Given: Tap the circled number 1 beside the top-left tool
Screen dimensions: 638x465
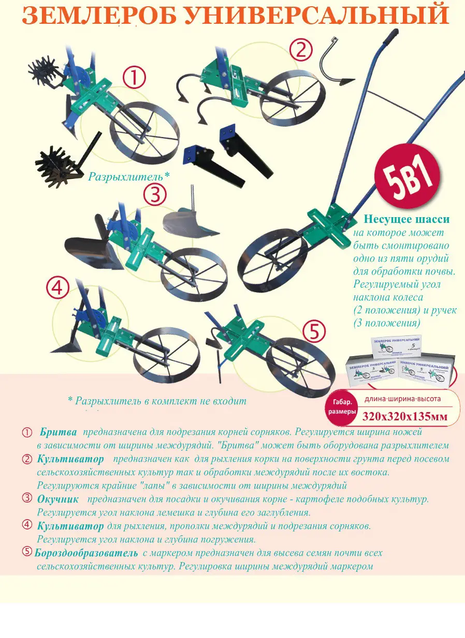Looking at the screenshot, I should [x=134, y=78].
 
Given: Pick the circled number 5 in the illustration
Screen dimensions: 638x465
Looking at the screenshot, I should [x=314, y=331].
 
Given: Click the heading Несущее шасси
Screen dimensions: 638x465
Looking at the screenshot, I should [x=406, y=219].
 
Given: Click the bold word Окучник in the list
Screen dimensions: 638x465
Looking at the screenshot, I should [x=58, y=499].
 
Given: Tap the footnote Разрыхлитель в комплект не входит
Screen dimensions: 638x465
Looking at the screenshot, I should [x=157, y=401].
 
